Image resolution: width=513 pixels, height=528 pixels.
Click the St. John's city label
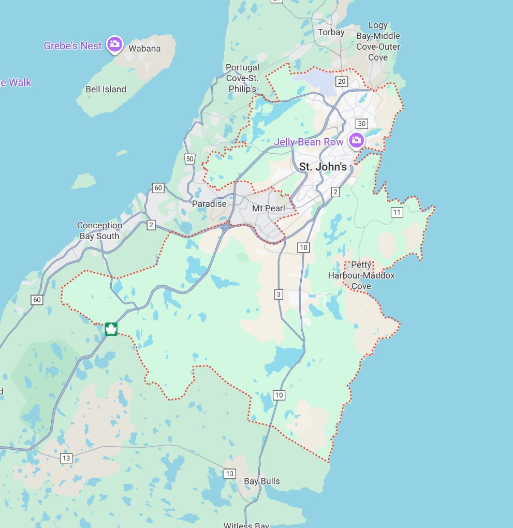click(x=323, y=167)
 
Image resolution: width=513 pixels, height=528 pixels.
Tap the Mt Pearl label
click(x=269, y=208)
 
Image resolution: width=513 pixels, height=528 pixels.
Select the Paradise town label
click(x=209, y=204)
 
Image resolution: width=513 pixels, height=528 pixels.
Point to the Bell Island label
click(x=106, y=89)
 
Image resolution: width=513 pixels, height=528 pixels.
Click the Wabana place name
click(x=144, y=49)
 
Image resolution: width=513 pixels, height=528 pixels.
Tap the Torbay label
click(x=331, y=32)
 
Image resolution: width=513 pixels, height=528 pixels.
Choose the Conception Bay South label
click(x=99, y=231)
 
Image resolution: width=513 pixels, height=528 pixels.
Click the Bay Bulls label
click(x=262, y=481)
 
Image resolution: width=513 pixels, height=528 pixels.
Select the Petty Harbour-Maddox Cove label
click(x=361, y=275)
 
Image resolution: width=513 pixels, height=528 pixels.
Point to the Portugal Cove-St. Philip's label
click(x=242, y=78)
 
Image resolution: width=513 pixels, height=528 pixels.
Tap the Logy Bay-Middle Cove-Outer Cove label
click(x=378, y=41)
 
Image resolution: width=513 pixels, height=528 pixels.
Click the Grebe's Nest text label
click(x=73, y=46)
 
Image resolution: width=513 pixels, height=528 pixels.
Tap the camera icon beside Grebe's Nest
click(x=114, y=45)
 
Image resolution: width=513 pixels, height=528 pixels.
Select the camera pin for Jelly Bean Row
click(x=356, y=140)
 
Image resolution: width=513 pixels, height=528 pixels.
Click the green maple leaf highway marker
click(x=111, y=329)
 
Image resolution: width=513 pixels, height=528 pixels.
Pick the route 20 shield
click(x=341, y=81)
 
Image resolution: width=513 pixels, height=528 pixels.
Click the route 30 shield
click(x=361, y=123)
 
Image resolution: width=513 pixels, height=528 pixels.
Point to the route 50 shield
click(x=190, y=159)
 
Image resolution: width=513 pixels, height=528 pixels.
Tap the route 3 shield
click(x=279, y=295)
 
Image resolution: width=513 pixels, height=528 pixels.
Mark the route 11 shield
click(x=397, y=212)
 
